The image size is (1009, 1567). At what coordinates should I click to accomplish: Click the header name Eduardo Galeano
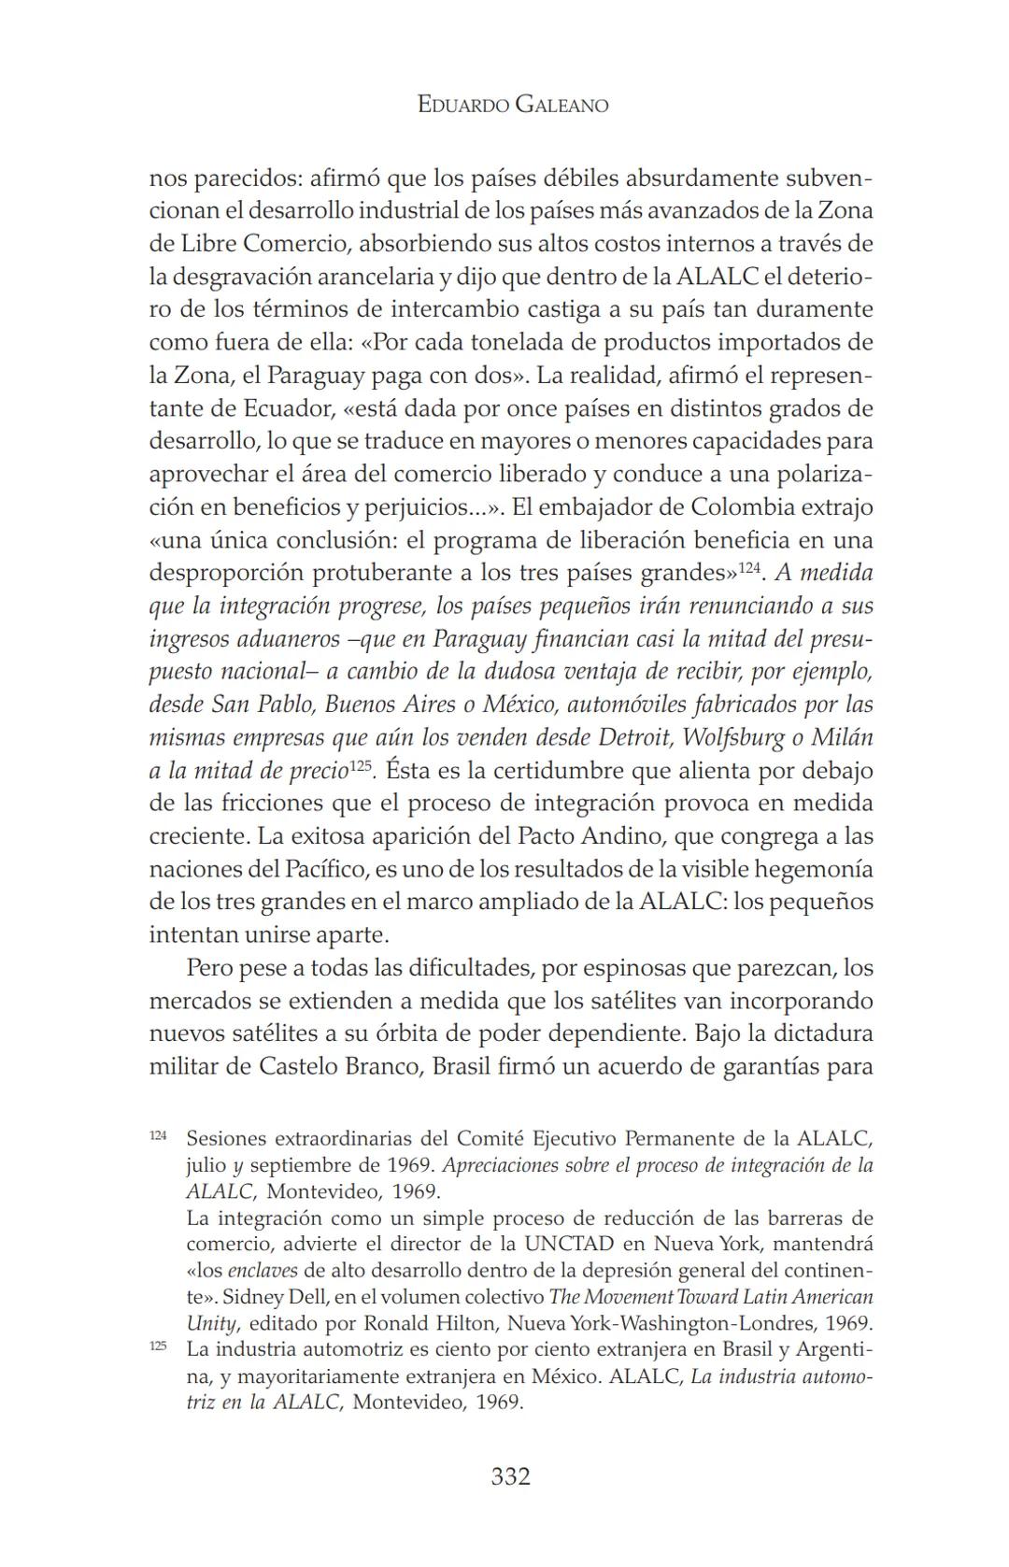[513, 105]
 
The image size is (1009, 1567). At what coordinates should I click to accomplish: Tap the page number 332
[510, 1476]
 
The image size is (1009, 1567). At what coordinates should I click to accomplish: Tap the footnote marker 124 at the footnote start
[158, 1134]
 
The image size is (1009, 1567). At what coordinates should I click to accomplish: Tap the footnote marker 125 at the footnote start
[158, 1346]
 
